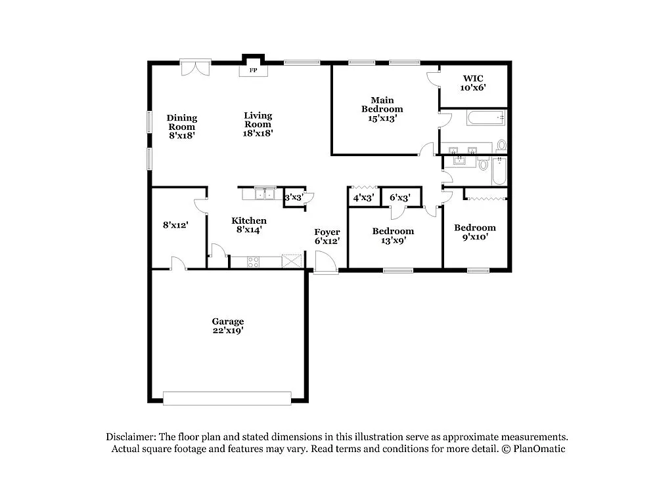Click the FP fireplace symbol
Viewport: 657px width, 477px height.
coord(252,69)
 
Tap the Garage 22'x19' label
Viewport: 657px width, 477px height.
coord(228,326)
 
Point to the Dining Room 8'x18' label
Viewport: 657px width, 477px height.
coord(181,127)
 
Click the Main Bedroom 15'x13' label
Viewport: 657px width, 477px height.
coord(382,109)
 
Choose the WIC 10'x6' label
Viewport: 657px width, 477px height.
coord(472,83)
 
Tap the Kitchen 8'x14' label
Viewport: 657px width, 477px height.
coord(249,225)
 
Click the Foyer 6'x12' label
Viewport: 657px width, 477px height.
coord(327,236)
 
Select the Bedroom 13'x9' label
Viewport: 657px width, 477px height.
coord(393,236)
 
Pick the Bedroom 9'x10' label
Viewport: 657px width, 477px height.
coord(475,232)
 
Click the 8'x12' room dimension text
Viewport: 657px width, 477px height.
coord(176,225)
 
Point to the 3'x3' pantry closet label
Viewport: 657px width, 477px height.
coord(293,197)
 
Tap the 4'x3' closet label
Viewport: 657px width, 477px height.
coord(364,197)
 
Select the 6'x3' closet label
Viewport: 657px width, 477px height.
coord(400,197)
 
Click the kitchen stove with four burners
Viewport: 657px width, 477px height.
coord(254,262)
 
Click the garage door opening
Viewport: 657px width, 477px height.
coord(227,398)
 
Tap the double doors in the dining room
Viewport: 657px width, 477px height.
coord(195,67)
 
